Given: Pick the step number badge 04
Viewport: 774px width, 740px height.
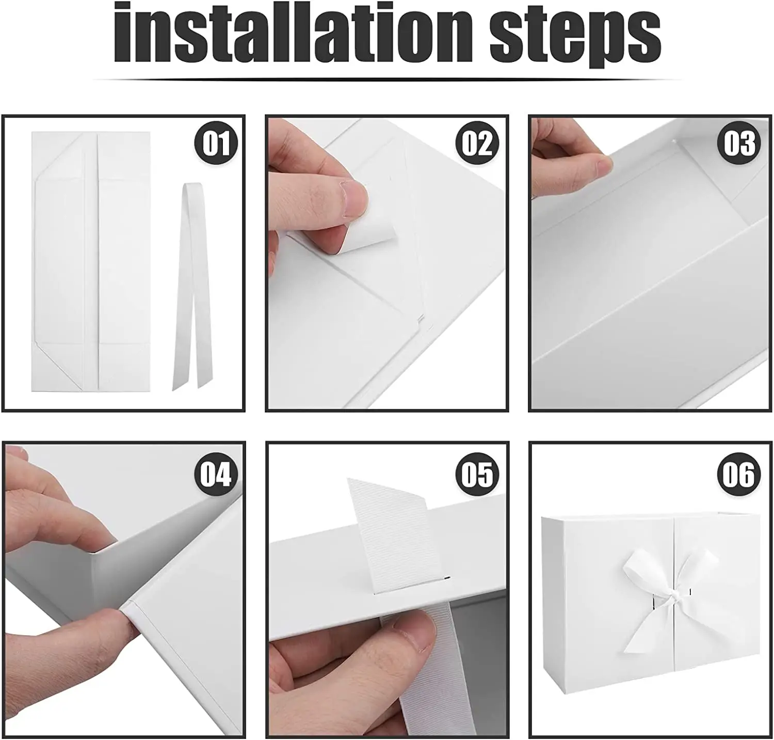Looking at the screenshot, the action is [216, 474].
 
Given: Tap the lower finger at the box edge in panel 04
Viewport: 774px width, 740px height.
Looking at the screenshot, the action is [62, 658].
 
